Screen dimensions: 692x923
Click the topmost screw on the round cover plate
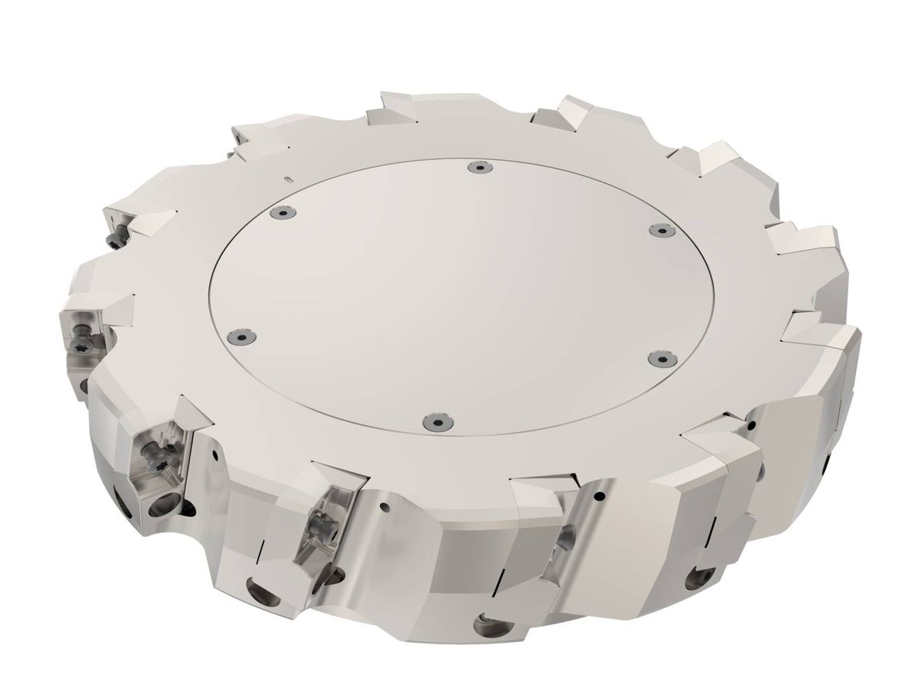[479, 166]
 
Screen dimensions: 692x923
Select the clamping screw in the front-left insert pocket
[150, 462]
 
